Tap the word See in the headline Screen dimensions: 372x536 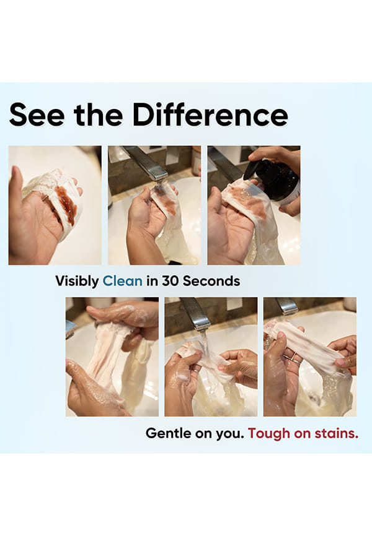(37, 115)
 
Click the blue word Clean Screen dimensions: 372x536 (122, 281)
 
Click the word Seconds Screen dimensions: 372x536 (211, 281)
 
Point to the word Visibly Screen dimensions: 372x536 (77, 282)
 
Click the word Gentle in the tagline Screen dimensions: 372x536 (168, 433)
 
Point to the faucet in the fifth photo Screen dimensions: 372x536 (196, 313)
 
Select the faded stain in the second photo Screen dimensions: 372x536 (167, 202)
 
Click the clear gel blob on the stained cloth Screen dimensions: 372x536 (244, 194)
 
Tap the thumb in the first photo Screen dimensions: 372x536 (17, 191)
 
